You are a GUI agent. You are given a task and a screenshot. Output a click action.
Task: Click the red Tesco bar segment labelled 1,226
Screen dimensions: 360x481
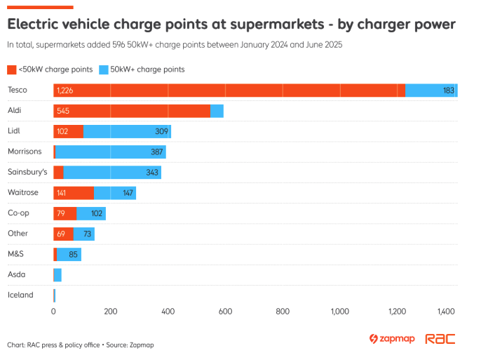(x=229, y=91)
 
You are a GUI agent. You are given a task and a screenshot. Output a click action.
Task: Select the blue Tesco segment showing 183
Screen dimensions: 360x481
(x=431, y=91)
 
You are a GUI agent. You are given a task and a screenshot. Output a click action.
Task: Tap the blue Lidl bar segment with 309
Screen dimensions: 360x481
(x=127, y=131)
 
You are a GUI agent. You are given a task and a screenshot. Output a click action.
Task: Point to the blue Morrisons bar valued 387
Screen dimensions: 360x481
(x=111, y=152)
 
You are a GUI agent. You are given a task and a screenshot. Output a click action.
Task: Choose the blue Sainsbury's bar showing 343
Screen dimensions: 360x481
(x=112, y=172)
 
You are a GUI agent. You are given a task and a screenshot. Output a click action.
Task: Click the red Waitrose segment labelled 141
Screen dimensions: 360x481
(x=74, y=192)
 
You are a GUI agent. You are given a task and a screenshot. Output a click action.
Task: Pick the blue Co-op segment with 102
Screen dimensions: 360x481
(x=91, y=213)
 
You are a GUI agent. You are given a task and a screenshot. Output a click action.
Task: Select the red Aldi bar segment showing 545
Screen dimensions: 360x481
(x=132, y=111)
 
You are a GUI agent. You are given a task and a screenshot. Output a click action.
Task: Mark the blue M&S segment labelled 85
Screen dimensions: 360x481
(x=69, y=254)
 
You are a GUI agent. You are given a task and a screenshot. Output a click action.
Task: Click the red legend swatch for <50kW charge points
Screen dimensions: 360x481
(x=11, y=69)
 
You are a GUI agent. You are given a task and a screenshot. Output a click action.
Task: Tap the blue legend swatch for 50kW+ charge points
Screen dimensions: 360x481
(x=104, y=69)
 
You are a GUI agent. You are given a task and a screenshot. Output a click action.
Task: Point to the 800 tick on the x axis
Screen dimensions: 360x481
(x=283, y=310)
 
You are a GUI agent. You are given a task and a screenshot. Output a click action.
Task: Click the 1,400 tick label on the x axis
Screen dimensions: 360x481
(x=447, y=310)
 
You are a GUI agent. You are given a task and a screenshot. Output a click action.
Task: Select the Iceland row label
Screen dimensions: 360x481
(x=20, y=295)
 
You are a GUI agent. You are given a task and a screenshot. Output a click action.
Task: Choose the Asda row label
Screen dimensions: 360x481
(x=17, y=274)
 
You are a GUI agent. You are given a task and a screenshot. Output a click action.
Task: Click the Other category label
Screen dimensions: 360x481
(x=18, y=233)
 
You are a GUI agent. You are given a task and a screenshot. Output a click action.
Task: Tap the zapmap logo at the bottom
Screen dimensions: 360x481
(x=392, y=339)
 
